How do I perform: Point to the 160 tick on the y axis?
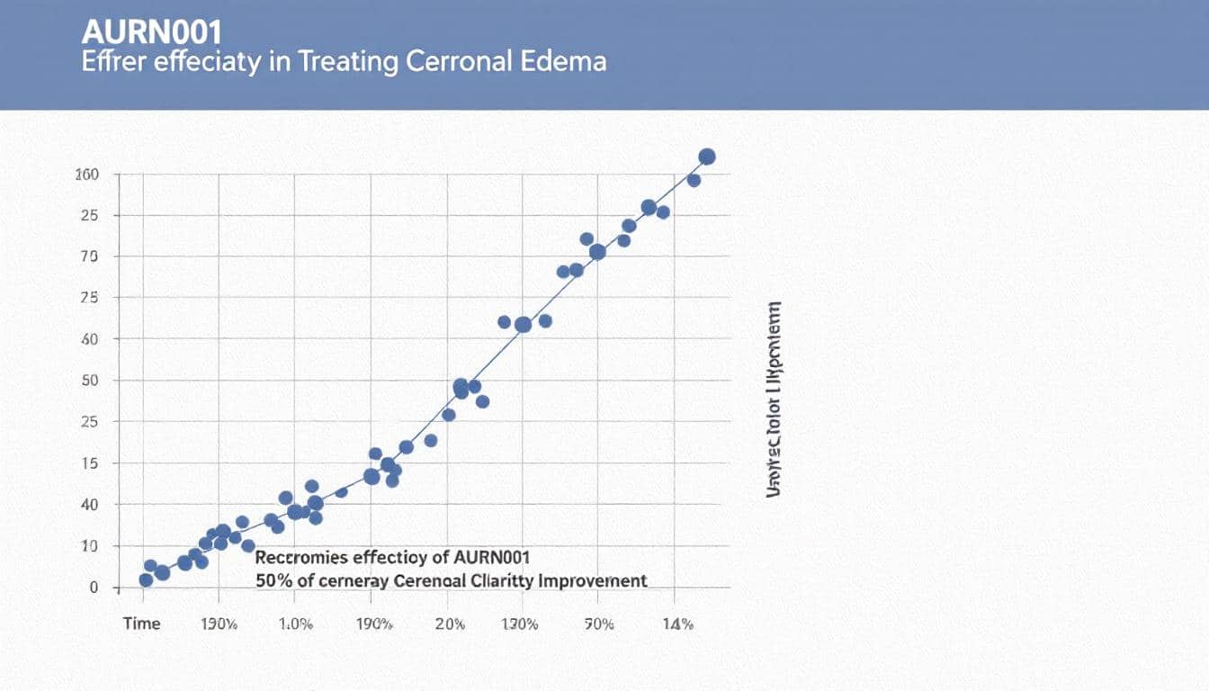tap(86, 175)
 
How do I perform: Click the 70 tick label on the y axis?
tap(88, 256)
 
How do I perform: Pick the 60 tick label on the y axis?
tap(88, 339)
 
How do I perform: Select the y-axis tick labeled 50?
tap(88, 381)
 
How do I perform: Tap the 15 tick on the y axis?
tap(88, 463)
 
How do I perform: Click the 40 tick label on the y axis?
tap(88, 505)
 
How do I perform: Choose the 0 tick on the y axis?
tap(92, 588)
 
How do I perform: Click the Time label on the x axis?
tap(141, 624)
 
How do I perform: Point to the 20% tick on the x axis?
tap(449, 624)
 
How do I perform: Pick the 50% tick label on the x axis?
tap(599, 624)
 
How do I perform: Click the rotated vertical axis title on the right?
tap(774, 399)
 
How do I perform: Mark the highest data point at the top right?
tap(707, 157)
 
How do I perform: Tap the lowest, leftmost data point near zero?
tap(146, 580)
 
